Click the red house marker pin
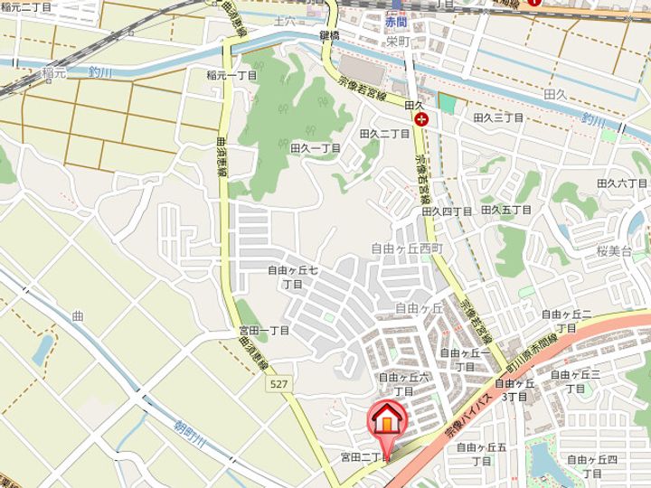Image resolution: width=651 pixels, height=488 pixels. (386, 421)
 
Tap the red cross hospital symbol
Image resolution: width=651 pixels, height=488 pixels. (420, 118)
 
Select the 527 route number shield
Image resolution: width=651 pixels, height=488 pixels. (279, 386)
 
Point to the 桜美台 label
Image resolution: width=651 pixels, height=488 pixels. (615, 250)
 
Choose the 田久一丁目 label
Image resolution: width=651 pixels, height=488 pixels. (316, 147)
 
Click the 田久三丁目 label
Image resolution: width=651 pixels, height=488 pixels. (499, 117)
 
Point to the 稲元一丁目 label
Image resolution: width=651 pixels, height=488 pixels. (232, 75)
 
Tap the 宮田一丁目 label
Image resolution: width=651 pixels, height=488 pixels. (264, 331)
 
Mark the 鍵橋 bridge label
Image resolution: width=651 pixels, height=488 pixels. (329, 33)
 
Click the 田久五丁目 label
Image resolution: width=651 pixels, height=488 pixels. (507, 210)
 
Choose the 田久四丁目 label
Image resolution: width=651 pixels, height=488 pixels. (448, 211)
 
